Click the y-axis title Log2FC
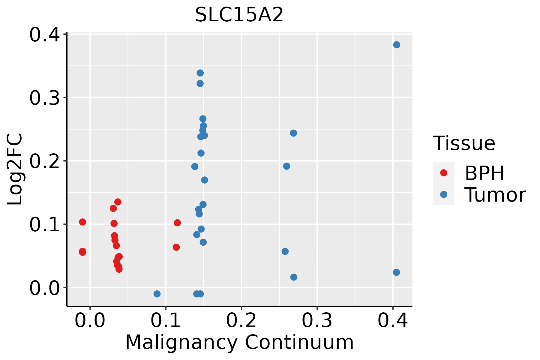[15, 169]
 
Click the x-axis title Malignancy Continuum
[239, 343]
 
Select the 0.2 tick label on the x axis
[241, 321]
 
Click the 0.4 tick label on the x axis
[392, 321]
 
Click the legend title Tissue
[464, 143]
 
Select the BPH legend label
[484, 173]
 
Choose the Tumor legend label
[495, 195]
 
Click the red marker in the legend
[443, 173]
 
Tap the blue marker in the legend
[443, 195]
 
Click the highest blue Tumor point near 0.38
[397, 45]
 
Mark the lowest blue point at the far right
[396, 272]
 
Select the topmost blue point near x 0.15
[200, 73]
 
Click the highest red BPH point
[118, 202]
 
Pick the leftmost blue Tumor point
[157, 294]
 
